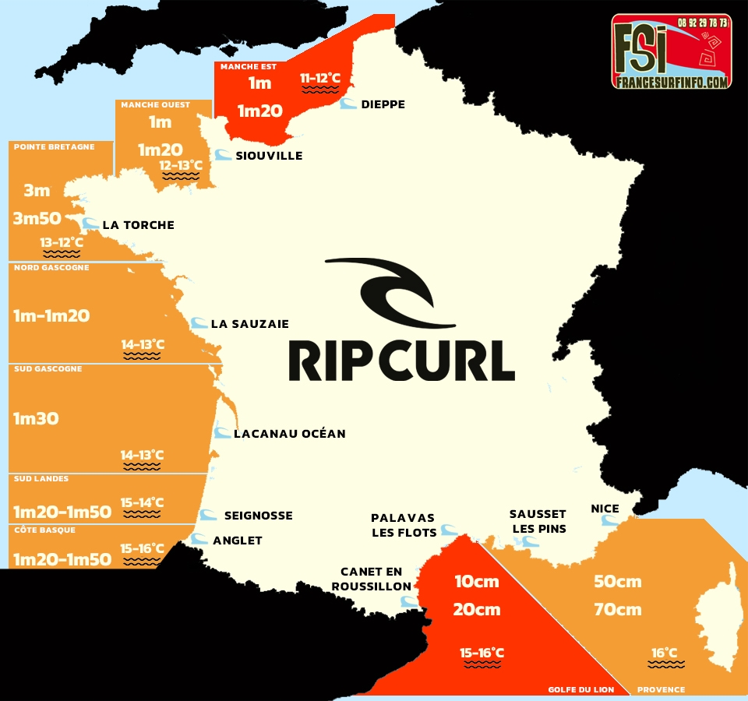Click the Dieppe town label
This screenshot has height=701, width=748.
pyautogui.click(x=383, y=104)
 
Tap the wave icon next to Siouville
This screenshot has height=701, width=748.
pyautogui.click(x=223, y=155)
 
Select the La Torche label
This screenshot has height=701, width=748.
pyautogui.click(x=138, y=225)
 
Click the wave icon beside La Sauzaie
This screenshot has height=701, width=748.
pyautogui.click(x=199, y=322)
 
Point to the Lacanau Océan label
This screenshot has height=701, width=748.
pyautogui.click(x=289, y=433)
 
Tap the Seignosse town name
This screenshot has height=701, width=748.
pyautogui.click(x=258, y=515)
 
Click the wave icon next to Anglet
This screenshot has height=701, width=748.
pyautogui.click(x=199, y=538)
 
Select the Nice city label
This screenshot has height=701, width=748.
pyautogui.click(x=605, y=509)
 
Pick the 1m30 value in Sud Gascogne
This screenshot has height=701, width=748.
pyautogui.click(x=36, y=418)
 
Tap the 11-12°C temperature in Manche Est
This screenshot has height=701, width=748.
pyautogui.click(x=320, y=78)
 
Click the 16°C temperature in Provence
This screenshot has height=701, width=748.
pyautogui.click(x=665, y=653)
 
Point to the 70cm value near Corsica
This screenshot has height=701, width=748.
pyautogui.click(x=617, y=609)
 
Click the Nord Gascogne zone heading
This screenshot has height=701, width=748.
pyautogui.click(x=51, y=268)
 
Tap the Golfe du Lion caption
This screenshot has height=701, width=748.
pyautogui.click(x=580, y=689)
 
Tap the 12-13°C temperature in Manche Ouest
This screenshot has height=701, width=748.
pyautogui.click(x=181, y=165)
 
